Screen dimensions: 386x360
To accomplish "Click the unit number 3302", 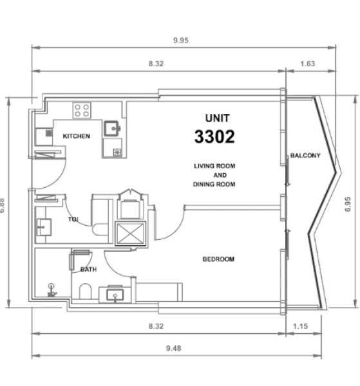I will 214,136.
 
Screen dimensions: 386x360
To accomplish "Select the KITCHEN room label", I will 76,136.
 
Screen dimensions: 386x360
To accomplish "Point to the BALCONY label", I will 305,156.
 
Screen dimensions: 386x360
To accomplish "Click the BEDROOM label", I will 218,259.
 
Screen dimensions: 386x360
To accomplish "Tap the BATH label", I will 89,270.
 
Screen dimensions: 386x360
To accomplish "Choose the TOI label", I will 73,219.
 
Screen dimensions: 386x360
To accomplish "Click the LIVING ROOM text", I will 214,166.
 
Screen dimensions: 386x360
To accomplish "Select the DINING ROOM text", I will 214,185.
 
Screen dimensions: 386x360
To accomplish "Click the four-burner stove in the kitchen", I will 82,109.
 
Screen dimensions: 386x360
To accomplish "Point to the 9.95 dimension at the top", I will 180,41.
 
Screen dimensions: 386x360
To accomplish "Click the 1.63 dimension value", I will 308,63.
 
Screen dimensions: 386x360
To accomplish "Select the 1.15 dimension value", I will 301,326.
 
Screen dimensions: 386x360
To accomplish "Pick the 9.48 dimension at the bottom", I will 173,348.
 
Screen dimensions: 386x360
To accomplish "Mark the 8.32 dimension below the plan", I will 155,326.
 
